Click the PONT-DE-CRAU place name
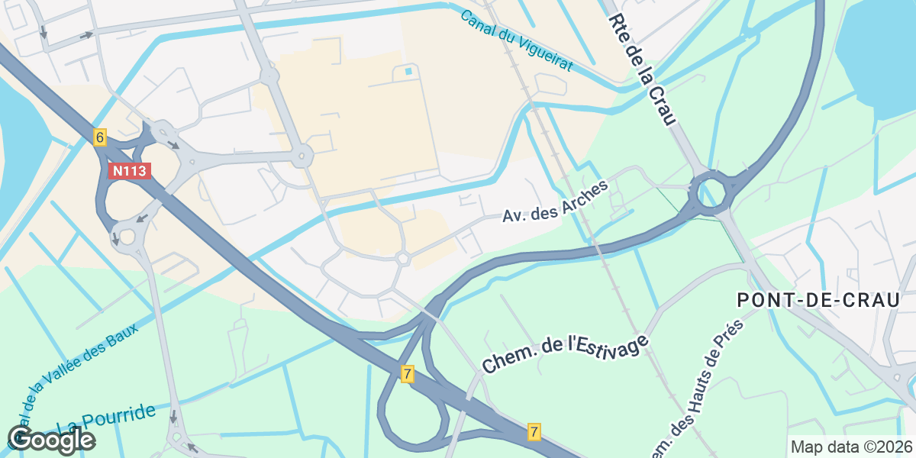point(819,300)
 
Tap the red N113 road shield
point(129,171)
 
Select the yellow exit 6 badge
point(99,137)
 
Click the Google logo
point(51,440)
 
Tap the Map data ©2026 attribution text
point(850,447)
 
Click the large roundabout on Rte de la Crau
point(710,191)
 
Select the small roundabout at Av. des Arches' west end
point(403,260)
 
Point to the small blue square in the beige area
point(408,72)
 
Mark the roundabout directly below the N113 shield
point(126,235)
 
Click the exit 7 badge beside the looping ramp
point(408,374)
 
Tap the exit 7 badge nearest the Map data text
point(534,432)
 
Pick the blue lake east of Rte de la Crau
point(878,53)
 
